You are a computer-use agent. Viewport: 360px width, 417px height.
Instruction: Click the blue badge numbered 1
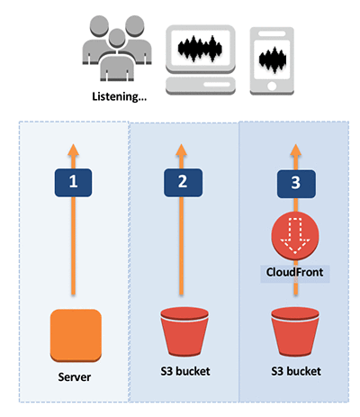click(x=73, y=183)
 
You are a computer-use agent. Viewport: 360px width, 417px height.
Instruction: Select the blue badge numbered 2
click(x=183, y=183)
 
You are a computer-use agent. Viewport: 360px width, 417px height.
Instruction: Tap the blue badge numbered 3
click(x=296, y=184)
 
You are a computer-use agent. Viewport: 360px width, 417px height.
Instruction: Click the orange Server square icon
click(x=76, y=335)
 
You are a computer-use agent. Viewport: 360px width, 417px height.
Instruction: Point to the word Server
click(x=75, y=377)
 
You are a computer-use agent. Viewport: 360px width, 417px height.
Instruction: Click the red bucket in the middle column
click(x=184, y=331)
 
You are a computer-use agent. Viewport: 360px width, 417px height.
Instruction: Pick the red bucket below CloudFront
click(x=295, y=331)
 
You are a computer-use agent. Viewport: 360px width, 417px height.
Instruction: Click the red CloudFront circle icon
click(x=295, y=237)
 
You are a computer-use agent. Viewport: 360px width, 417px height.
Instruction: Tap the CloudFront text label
click(x=294, y=272)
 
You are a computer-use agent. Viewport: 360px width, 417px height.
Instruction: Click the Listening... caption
click(x=119, y=96)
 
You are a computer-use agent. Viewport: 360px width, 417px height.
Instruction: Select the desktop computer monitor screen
click(x=201, y=48)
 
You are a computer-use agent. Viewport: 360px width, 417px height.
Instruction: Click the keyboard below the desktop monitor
click(x=201, y=86)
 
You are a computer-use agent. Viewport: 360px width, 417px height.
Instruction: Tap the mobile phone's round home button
click(x=272, y=86)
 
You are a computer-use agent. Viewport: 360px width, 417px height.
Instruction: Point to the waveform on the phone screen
click(x=273, y=60)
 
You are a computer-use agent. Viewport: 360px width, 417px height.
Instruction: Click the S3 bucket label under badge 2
click(x=185, y=371)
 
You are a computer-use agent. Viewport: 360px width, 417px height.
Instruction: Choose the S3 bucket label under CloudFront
click(x=296, y=371)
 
